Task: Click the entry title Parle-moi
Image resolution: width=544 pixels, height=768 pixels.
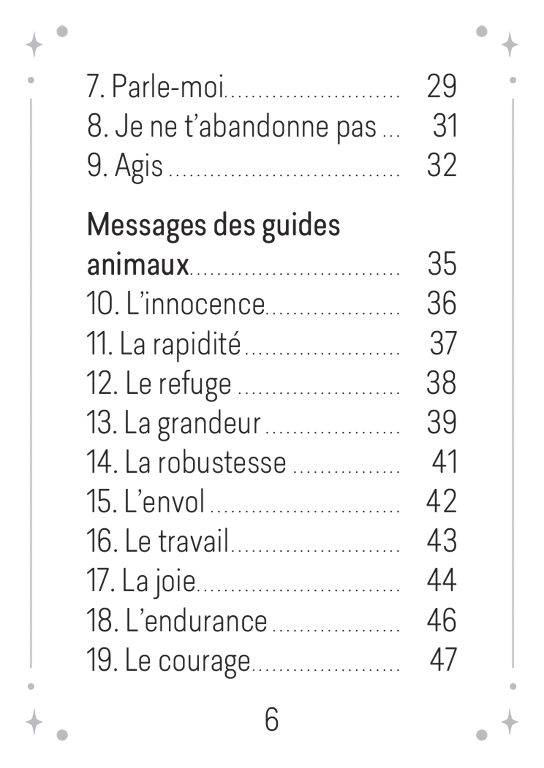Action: [x=167, y=86]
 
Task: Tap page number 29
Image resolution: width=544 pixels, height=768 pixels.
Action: [x=441, y=86]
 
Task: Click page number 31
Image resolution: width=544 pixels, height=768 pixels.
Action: [x=445, y=127]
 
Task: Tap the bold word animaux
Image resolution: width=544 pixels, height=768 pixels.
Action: [x=138, y=265]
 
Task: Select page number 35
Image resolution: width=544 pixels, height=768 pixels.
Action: [x=442, y=264]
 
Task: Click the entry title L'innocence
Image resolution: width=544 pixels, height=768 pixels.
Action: [x=195, y=304]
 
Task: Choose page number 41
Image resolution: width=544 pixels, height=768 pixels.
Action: [x=445, y=462]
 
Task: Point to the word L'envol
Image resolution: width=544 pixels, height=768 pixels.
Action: [x=164, y=502]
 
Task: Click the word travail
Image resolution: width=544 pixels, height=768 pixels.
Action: [x=193, y=541]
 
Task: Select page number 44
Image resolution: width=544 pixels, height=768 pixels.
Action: [x=441, y=580]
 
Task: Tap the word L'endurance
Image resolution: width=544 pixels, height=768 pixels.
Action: [x=196, y=620]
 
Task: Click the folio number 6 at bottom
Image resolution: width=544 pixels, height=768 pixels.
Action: [x=272, y=719]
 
